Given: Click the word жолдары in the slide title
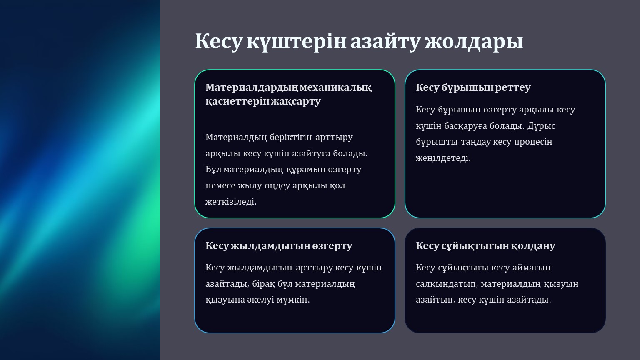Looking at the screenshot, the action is [x=474, y=42].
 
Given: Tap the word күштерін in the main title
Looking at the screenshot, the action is [x=297, y=42].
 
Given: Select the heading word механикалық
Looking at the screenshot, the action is [x=336, y=87].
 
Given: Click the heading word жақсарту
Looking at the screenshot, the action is [x=296, y=101].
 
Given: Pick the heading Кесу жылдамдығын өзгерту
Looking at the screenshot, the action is [x=279, y=246].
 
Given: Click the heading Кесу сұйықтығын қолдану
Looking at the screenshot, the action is [x=485, y=246].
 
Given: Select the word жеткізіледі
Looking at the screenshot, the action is [x=231, y=202].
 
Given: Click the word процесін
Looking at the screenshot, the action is [x=533, y=142].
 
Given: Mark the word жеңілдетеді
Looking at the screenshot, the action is [x=443, y=158].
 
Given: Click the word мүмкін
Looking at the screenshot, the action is [x=293, y=300].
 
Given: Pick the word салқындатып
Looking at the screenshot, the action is [x=447, y=284].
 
